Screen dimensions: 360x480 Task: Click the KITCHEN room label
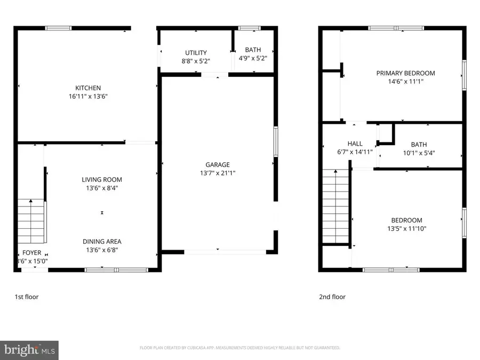pyautogui.click(x=88, y=88)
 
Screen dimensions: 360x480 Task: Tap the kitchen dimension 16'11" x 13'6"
pyautogui.click(x=88, y=97)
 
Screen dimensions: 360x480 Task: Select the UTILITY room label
pyautogui.click(x=196, y=53)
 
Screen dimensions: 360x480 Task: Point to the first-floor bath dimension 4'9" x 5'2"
pyautogui.click(x=253, y=61)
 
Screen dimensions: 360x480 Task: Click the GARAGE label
pyautogui.click(x=218, y=165)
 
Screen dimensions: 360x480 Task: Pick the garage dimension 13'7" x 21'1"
pyautogui.click(x=218, y=173)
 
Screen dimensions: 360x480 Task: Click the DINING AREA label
pyautogui.click(x=102, y=242)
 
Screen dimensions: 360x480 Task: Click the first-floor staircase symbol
pyautogui.click(x=31, y=220)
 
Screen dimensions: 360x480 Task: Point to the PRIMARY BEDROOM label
pyautogui.click(x=405, y=73)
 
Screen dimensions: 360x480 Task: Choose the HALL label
pyautogui.click(x=355, y=143)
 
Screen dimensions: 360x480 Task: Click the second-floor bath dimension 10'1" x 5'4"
pyautogui.click(x=419, y=152)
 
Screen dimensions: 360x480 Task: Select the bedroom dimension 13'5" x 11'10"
pyautogui.click(x=406, y=229)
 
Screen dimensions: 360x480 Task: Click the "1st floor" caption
pyautogui.click(x=26, y=297)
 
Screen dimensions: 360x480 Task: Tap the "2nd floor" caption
pyautogui.click(x=332, y=297)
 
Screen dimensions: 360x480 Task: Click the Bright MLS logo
pyautogui.click(x=29, y=350)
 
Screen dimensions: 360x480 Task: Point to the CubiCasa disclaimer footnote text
pyautogui.click(x=240, y=348)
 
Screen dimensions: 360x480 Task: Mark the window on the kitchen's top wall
pyautogui.click(x=59, y=28)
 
